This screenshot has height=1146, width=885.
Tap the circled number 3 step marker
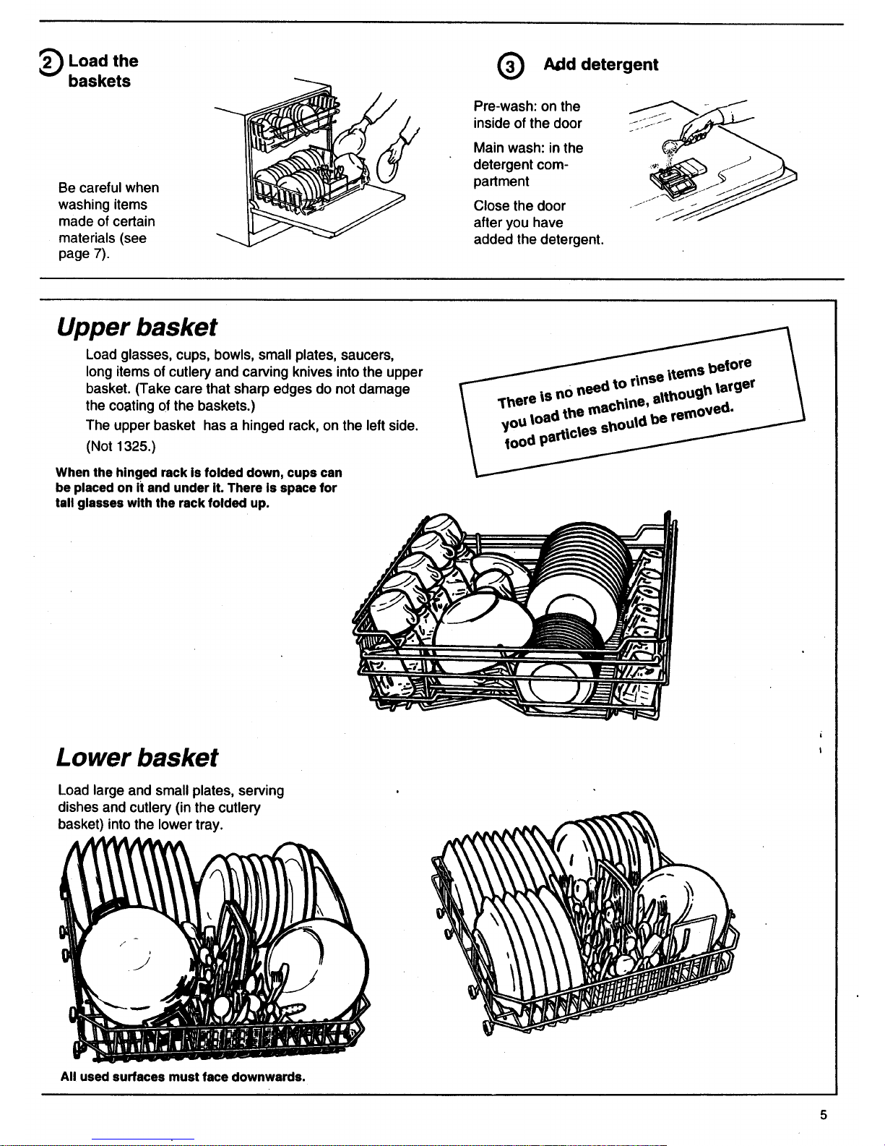[x=511, y=67]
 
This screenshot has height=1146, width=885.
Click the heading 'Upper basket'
[x=137, y=328]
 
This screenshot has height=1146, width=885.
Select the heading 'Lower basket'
[x=137, y=758]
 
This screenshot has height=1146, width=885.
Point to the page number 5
[x=824, y=1114]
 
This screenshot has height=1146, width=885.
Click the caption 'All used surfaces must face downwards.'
[x=183, y=1077]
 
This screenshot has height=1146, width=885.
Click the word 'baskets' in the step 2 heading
[x=100, y=81]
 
